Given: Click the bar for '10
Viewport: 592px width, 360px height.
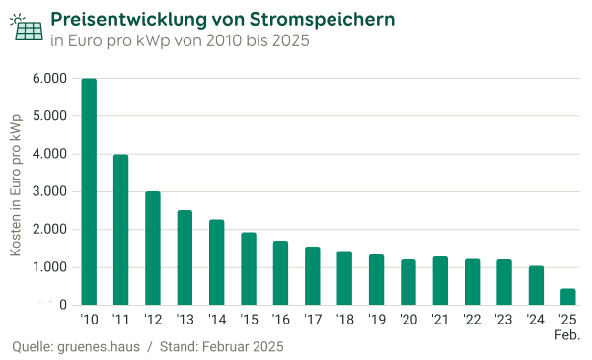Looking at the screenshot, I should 89,191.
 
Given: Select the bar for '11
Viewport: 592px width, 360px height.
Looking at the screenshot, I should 121,229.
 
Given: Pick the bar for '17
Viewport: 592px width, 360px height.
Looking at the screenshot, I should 313,275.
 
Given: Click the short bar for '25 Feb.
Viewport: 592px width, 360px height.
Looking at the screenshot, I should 567,296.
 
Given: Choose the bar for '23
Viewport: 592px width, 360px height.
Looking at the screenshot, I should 504,282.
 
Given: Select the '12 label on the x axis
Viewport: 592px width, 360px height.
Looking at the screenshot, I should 153,320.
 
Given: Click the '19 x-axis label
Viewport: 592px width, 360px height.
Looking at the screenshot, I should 376,320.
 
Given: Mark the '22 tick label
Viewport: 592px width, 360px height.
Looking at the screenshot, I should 472,320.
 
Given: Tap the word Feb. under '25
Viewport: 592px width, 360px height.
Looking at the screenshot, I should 567,335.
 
